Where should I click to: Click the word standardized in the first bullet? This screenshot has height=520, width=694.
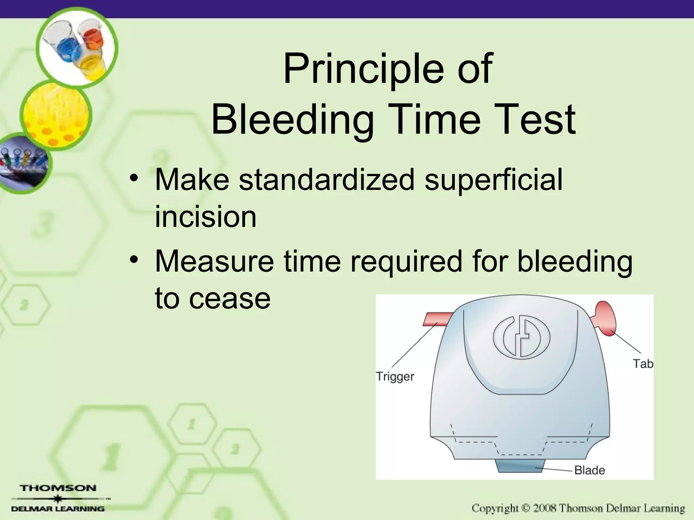327,180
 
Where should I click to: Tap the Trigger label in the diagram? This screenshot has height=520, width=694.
395,376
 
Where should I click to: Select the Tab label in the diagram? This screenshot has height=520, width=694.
642,364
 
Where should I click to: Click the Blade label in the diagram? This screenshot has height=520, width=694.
589,470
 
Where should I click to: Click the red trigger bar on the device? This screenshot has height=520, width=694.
437,319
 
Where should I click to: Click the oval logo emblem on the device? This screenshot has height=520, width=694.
521,338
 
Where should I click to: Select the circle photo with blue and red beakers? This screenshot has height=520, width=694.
77,47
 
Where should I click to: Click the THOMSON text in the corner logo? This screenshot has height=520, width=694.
58,488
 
